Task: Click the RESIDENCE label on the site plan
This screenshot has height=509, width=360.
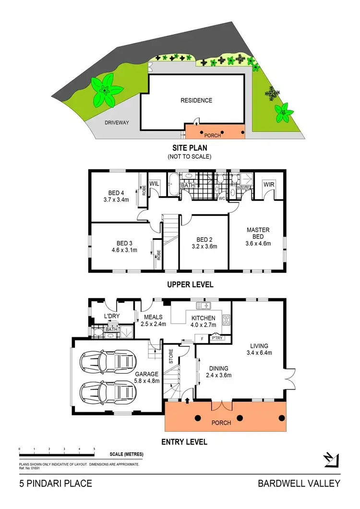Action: (x=196, y=100)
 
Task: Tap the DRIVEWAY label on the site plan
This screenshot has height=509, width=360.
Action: (x=117, y=123)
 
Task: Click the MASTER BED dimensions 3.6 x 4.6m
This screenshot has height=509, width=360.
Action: (x=258, y=243)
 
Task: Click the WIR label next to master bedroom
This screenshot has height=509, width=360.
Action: (x=268, y=184)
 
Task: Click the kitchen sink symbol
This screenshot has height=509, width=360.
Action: (x=204, y=306)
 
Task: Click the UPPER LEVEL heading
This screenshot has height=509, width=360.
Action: (x=190, y=284)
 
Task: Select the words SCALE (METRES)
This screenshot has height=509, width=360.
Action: (x=126, y=454)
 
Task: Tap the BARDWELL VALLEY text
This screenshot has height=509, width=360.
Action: (x=299, y=484)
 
